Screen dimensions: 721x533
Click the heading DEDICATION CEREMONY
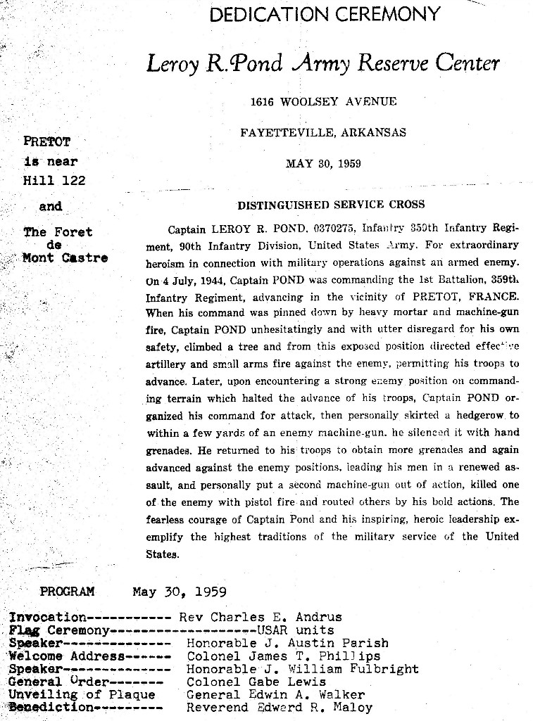[325, 14]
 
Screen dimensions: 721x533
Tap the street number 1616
[263, 101]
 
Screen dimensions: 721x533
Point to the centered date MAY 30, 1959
[323, 164]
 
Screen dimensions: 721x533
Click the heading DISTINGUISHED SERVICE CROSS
[331, 205]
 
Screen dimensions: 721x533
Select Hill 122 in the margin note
[54, 181]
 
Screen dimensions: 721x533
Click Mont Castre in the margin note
[65, 257]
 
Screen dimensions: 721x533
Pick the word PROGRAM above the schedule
[67, 592]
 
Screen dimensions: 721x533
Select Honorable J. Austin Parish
[287, 643]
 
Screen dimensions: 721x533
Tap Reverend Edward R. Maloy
[279, 708]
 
